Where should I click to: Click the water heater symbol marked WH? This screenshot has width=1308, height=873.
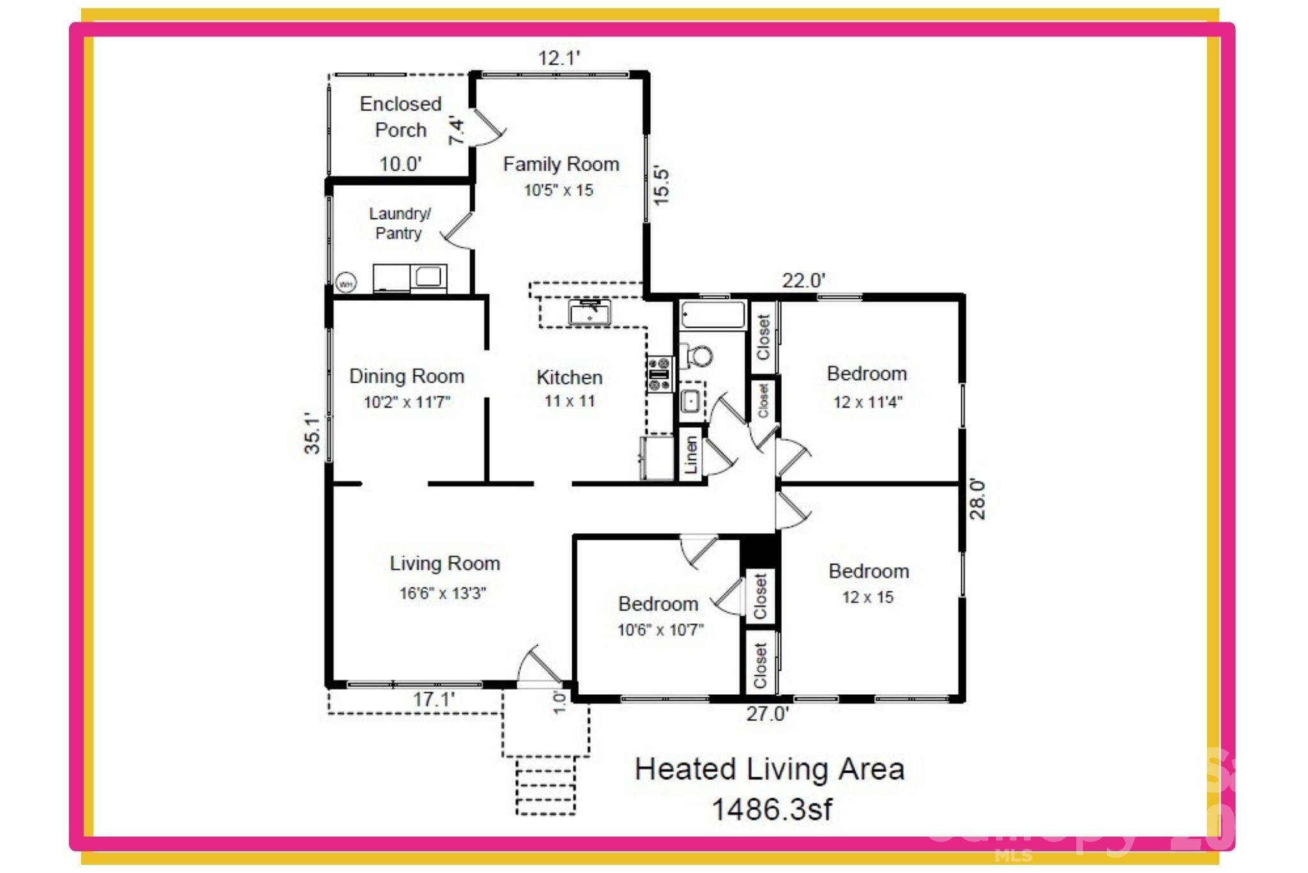(x=346, y=283)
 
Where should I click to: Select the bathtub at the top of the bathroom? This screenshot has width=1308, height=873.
(x=713, y=315)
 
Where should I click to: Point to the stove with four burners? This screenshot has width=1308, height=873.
(x=660, y=374)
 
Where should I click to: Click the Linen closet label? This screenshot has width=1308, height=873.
(x=691, y=455)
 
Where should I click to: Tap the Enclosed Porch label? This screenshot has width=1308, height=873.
(x=400, y=117)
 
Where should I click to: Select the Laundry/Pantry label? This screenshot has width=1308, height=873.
(x=399, y=223)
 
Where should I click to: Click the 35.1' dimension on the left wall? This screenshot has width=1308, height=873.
(x=312, y=433)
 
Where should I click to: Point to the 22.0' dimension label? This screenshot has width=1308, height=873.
(x=803, y=280)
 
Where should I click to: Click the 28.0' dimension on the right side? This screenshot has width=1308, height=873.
(x=977, y=499)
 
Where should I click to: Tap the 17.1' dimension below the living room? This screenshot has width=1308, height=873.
(x=434, y=699)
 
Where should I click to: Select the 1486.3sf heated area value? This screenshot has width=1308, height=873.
(x=772, y=810)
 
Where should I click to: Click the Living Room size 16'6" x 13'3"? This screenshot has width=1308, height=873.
(x=443, y=593)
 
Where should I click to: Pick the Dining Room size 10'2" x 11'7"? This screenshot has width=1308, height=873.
(x=407, y=402)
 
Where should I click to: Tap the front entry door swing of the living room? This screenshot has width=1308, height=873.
(x=538, y=667)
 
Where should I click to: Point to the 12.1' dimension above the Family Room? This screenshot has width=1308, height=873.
(x=559, y=58)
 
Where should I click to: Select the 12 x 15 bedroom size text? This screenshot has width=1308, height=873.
(x=867, y=598)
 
